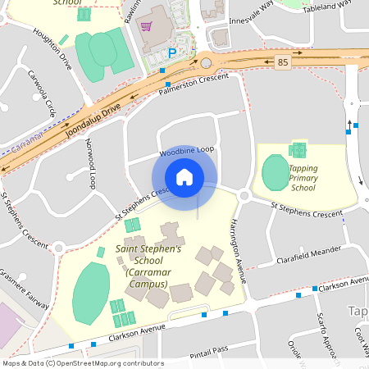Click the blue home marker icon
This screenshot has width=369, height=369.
[x=184, y=176]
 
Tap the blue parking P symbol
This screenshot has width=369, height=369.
[x=172, y=53]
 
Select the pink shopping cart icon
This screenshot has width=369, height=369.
[x=146, y=26]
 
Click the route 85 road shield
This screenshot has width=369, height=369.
[x=282, y=62]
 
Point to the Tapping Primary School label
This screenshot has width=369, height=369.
[x=303, y=178]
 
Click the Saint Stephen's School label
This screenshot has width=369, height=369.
[x=148, y=266]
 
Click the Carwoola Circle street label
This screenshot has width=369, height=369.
[x=40, y=96]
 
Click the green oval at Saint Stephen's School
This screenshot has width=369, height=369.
[x=90, y=294]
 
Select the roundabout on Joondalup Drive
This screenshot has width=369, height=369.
[x=207, y=63]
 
